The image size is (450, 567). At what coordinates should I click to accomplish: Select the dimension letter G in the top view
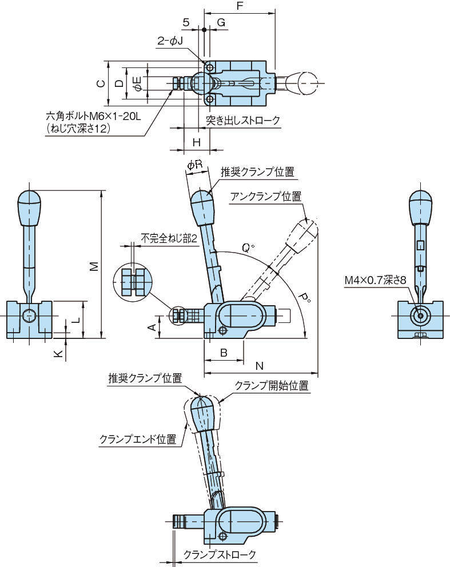[221, 22]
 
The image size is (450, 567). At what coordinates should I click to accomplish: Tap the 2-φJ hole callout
[170, 41]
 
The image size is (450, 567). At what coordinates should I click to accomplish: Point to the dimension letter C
[100, 83]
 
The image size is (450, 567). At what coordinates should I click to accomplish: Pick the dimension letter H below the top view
[196, 141]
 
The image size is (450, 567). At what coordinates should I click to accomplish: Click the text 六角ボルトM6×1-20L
[93, 117]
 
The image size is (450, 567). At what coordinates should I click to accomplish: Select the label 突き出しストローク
[243, 121]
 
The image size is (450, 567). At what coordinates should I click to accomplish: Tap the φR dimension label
[195, 165]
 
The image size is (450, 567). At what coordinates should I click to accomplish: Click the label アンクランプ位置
[266, 197]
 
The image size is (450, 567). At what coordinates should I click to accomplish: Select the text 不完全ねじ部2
[169, 238]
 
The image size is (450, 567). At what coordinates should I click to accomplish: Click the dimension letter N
[259, 365]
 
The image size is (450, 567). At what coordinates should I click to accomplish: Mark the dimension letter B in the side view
[224, 353]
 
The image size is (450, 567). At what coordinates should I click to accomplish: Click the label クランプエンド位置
[138, 440]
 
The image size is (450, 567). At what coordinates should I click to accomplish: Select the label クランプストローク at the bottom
[220, 554]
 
